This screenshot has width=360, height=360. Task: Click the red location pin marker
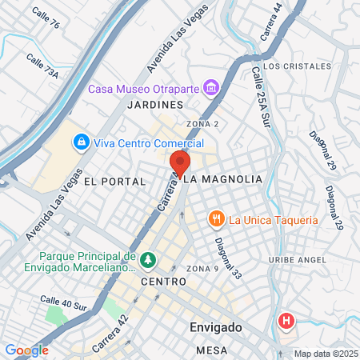coord(178,164)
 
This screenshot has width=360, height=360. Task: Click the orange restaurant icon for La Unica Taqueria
coord(215,219)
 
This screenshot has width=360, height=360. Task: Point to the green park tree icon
coord(147,260)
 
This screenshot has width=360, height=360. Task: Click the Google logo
coord(26,350)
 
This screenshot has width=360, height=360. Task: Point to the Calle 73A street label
coord(42,66)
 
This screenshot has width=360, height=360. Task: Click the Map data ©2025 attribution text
coord(325,354)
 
